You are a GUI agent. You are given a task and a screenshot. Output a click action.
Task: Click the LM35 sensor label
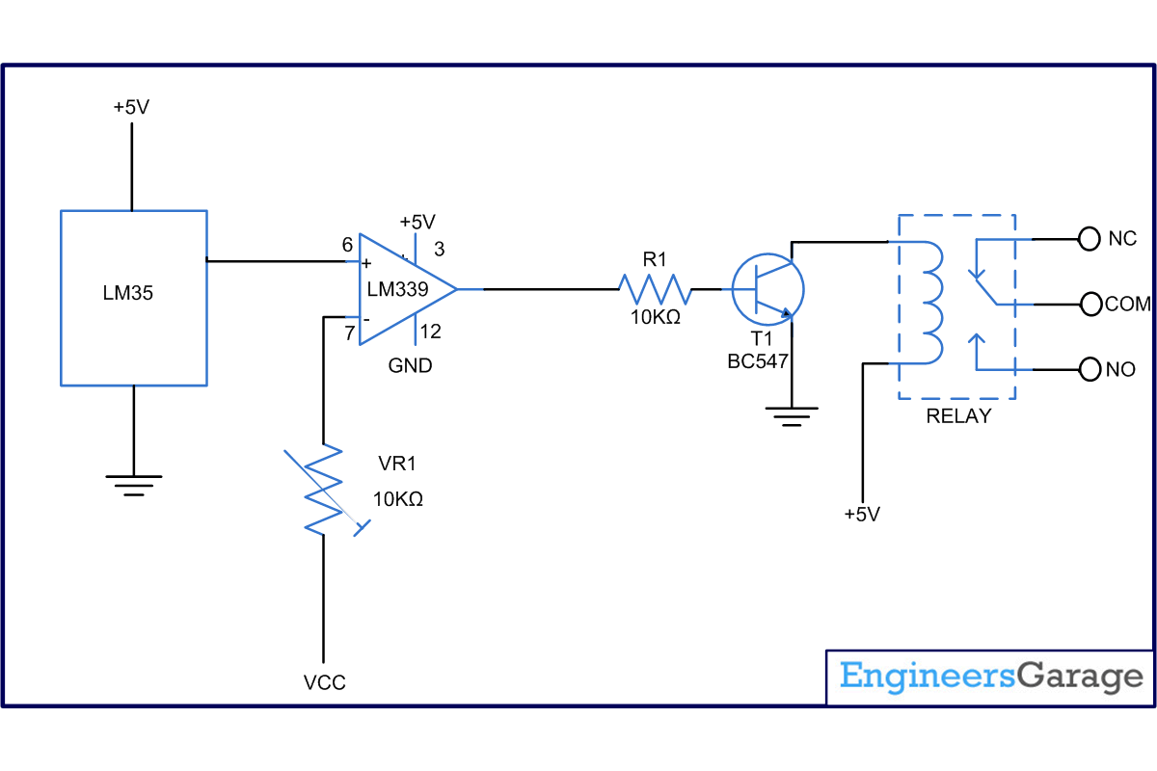[x=127, y=293]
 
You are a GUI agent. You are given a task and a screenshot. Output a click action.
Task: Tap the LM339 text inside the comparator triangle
[x=397, y=289]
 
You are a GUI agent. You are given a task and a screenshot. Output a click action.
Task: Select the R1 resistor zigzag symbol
[x=655, y=289]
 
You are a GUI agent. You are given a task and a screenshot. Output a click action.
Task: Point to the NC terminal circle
[x=1089, y=239]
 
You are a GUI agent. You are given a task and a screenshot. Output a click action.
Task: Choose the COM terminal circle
[x=1090, y=305]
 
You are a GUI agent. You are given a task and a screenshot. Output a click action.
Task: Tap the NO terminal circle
[x=1090, y=370]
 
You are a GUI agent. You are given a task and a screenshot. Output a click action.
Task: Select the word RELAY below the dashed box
[x=958, y=415]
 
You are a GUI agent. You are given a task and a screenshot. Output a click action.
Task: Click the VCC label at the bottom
[x=324, y=682]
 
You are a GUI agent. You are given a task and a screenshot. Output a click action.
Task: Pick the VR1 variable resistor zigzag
[x=323, y=489]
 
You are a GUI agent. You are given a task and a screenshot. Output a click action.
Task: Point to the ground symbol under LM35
[x=134, y=486]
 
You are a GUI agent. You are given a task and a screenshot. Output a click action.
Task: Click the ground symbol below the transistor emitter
[x=792, y=416]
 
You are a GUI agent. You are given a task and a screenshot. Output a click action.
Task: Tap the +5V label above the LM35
[x=131, y=107]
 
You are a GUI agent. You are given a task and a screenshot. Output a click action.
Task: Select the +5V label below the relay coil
[x=862, y=515]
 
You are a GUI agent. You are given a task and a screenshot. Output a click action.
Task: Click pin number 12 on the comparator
[x=430, y=332]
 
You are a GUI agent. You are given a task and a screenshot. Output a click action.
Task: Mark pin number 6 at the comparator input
[x=347, y=244]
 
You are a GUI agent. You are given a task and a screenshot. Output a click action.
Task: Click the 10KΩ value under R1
[x=655, y=317]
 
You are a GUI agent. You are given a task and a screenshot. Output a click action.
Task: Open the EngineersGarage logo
[x=991, y=677]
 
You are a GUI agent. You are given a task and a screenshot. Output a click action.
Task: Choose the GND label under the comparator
[x=410, y=365]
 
